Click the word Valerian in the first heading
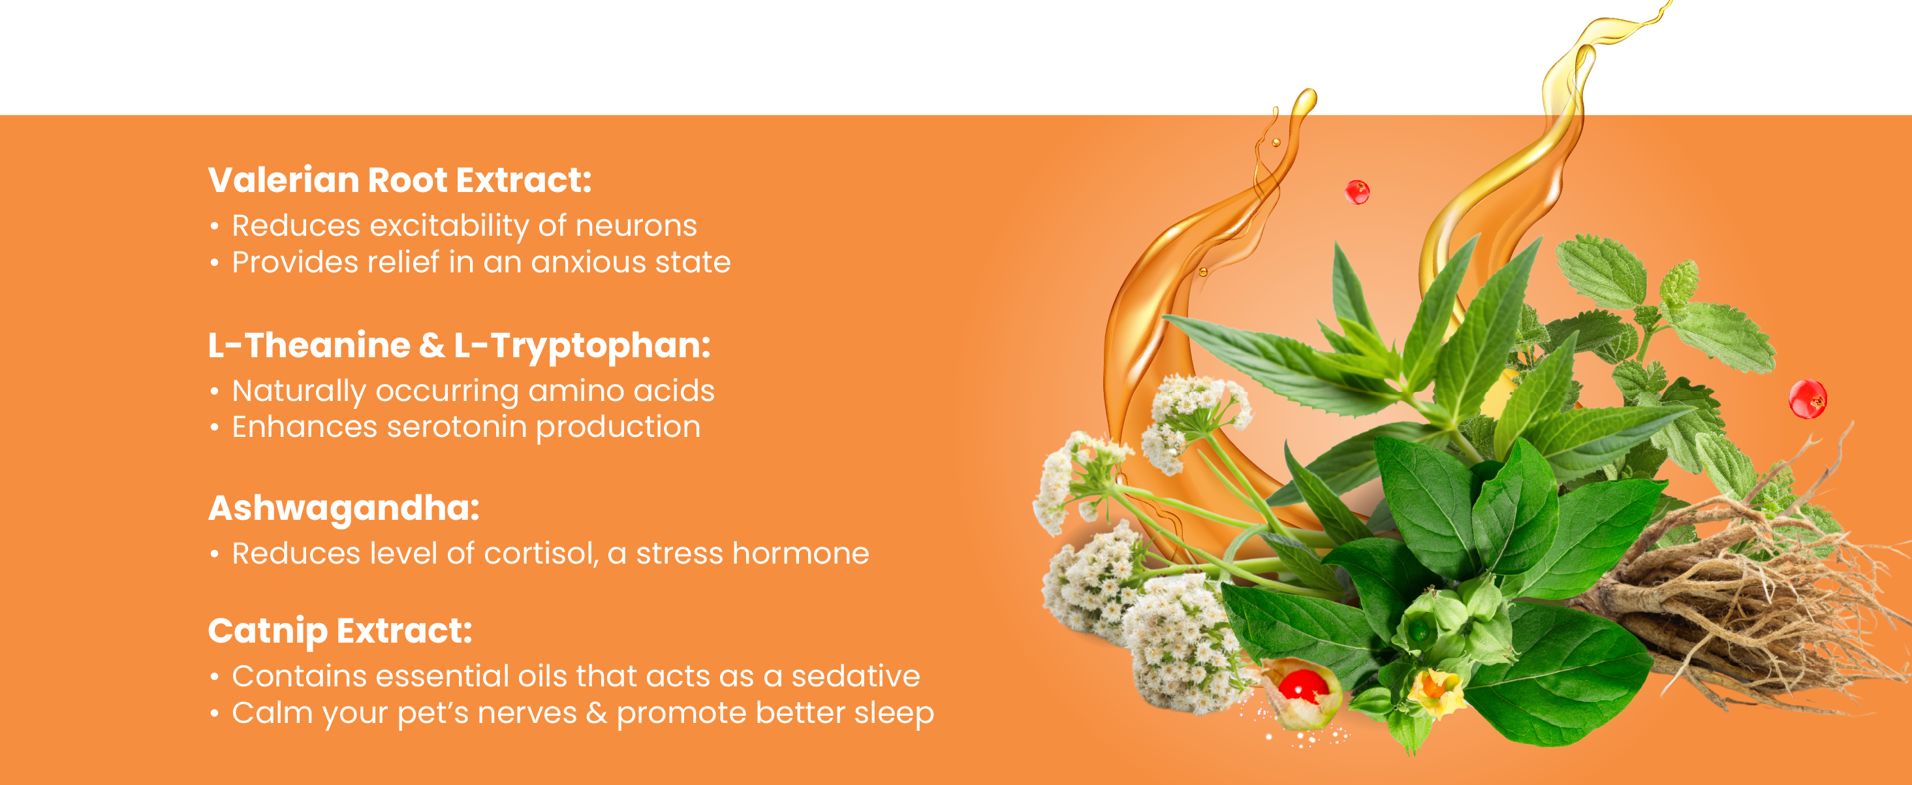[284, 180]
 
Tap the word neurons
[636, 226]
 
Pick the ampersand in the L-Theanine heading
[432, 345]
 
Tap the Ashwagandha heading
[343, 509]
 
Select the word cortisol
[541, 554]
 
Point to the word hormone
[800, 554]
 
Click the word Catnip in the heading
[267, 632]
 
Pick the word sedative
[855, 677]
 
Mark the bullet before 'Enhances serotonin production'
[215, 428]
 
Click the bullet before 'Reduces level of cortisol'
[215, 554]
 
